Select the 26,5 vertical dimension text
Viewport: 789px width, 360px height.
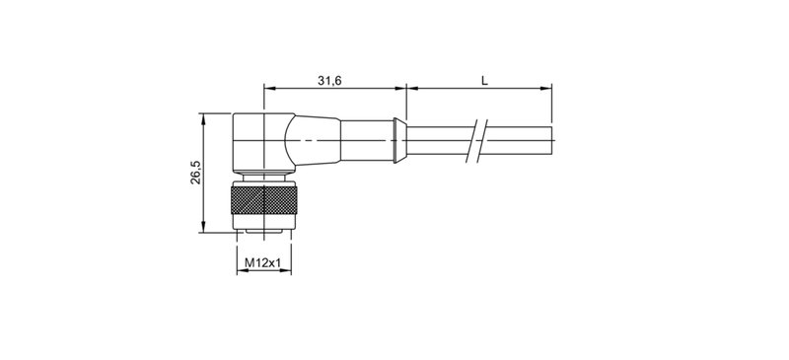coord(196,172)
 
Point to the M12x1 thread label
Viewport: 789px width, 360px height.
coord(263,262)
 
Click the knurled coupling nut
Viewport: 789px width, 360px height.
coord(263,204)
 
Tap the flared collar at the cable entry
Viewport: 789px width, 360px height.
coord(398,142)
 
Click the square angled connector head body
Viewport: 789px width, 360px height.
coord(254,143)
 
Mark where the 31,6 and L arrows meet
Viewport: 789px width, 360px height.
coord(406,89)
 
